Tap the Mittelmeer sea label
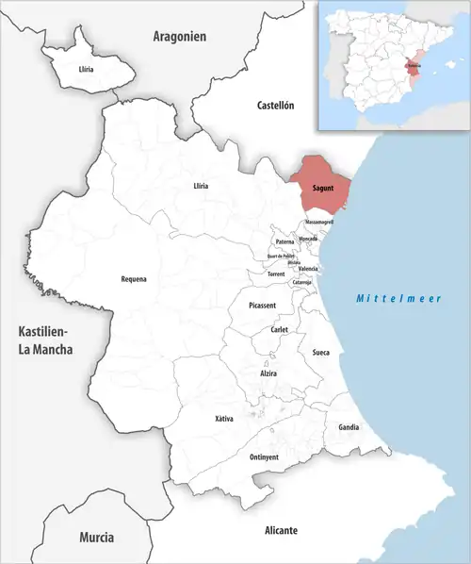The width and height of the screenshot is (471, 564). (398, 299)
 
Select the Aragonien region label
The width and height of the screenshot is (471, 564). (179, 36)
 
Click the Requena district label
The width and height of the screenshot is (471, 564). (134, 278)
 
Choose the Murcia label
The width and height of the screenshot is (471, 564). (96, 537)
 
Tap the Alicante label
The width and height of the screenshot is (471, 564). (281, 530)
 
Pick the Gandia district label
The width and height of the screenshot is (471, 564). (349, 427)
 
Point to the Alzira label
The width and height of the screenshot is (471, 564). (269, 373)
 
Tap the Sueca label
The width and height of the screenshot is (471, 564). (320, 353)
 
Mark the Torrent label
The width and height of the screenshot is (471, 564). (276, 274)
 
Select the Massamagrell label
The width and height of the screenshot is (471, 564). (318, 222)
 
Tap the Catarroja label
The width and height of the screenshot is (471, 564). (302, 282)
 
